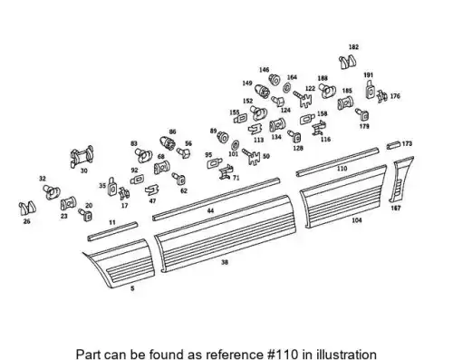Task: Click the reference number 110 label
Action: pos(342,169)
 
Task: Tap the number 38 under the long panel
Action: pos(225,262)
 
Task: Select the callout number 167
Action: pos(396,208)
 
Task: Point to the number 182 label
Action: pos(353,47)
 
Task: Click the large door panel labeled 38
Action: pos(225,233)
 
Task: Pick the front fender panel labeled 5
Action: pos(120,262)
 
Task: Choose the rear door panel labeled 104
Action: pos(343,197)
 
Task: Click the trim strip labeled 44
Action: pos(216,199)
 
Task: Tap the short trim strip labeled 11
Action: pos(112,231)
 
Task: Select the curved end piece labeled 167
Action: pos(400,180)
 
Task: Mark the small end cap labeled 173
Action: pos(393,145)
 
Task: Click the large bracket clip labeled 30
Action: pos(82,156)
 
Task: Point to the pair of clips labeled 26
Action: pos(27,209)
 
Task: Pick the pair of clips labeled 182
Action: pos(347,62)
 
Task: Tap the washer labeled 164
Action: pos(286,88)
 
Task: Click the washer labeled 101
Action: pos(235,145)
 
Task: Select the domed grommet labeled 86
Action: pos(167,142)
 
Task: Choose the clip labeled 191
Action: pos(371,89)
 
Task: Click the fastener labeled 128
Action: pos(294,136)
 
